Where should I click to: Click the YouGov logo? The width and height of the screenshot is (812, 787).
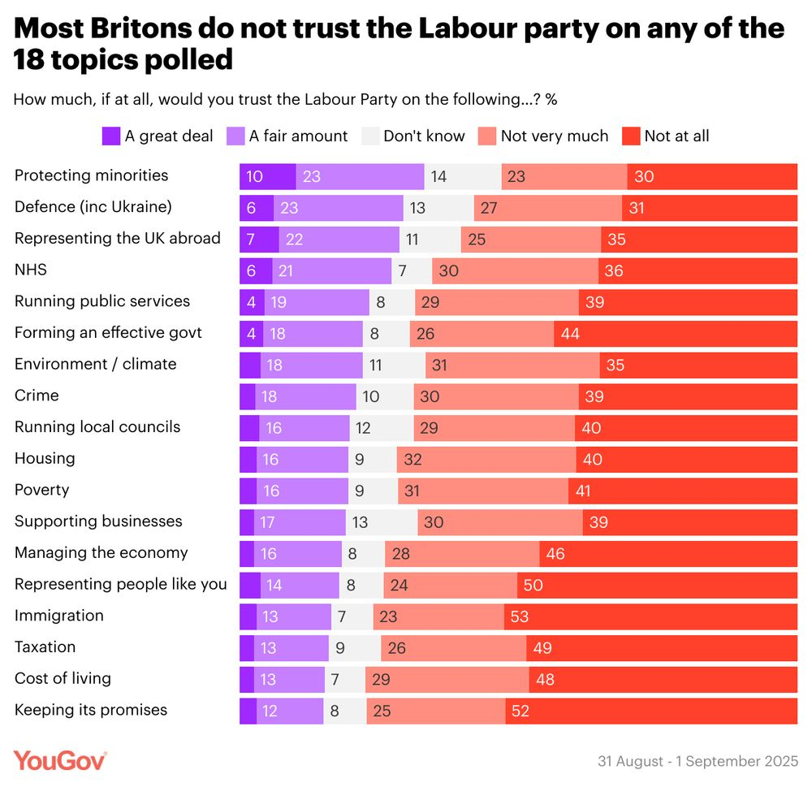(x=60, y=761)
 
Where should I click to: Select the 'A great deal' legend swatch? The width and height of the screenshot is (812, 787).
(x=111, y=136)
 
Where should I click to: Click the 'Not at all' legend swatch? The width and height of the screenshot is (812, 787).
(x=631, y=136)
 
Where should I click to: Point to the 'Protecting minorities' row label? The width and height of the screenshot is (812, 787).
(x=91, y=175)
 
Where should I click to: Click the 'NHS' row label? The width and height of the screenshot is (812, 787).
(x=30, y=270)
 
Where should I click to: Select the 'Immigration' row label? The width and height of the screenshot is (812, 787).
(x=59, y=616)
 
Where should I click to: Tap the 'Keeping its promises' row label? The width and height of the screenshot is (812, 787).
(x=91, y=710)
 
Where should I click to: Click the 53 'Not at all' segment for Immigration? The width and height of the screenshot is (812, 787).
(x=650, y=616)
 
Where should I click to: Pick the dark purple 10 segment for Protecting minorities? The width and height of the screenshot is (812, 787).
(x=267, y=176)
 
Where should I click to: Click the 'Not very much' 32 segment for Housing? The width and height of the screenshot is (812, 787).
(x=486, y=460)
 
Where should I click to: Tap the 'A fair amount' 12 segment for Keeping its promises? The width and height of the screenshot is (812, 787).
(x=290, y=711)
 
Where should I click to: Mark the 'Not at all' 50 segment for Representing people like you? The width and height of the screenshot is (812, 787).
(x=657, y=585)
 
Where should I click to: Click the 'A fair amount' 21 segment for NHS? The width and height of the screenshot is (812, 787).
(x=333, y=270)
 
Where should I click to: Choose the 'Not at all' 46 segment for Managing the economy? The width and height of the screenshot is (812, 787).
(x=668, y=554)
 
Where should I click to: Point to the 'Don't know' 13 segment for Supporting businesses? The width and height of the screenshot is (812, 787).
(x=382, y=522)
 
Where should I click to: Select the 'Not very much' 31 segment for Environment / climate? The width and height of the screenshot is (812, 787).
(x=512, y=365)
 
